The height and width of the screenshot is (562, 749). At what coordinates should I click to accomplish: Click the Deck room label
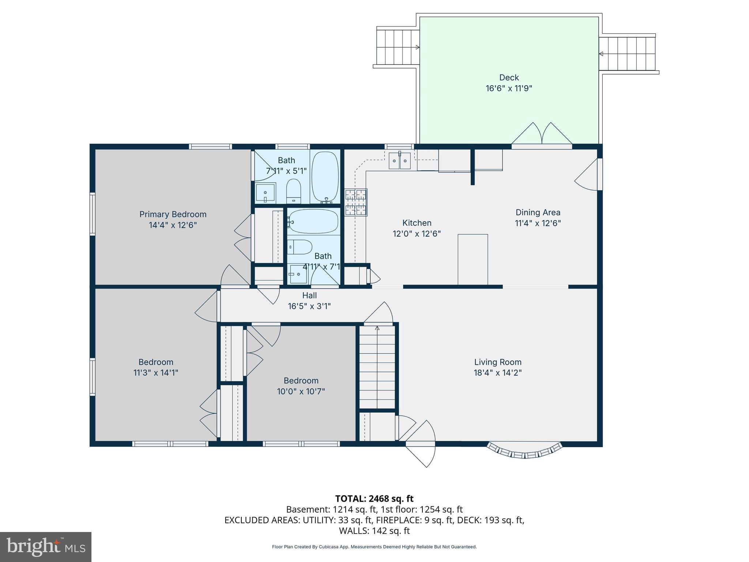[x=509, y=78]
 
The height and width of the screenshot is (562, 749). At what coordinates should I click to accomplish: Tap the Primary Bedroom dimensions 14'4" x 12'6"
[x=173, y=225]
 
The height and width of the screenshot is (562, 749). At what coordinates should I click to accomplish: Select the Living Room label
[x=498, y=362]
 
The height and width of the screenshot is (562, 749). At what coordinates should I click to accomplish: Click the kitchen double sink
[x=399, y=161]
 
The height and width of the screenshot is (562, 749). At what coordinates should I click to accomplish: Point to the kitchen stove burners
[x=356, y=202]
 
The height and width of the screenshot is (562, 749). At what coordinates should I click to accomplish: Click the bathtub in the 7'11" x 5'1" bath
[x=325, y=177]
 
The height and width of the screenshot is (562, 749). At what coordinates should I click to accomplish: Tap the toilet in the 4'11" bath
[x=300, y=247]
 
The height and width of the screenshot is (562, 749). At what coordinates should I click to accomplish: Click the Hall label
[x=309, y=295]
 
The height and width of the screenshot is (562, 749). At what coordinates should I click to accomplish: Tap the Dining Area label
[x=538, y=212]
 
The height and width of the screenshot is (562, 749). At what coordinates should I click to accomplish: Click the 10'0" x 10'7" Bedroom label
[x=301, y=381]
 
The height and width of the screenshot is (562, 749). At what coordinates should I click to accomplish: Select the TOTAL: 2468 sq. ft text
[x=374, y=499]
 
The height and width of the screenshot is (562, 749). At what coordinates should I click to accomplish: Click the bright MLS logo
[x=46, y=547]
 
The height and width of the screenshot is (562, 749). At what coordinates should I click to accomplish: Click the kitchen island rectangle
[x=473, y=259]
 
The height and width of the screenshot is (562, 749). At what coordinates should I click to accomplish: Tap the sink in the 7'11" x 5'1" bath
[x=265, y=192]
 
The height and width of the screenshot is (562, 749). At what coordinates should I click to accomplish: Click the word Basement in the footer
[x=307, y=509]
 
